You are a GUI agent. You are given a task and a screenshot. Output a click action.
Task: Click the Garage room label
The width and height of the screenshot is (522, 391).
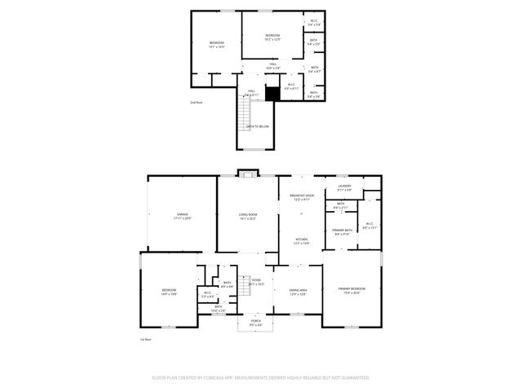coord(182,214)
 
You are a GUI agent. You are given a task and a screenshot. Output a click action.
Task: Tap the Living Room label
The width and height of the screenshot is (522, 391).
coord(248,214)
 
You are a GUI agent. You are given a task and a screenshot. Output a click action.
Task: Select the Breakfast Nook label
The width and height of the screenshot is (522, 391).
coord(302,195)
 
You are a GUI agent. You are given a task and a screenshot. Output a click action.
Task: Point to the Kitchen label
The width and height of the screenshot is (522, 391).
coord(302,239)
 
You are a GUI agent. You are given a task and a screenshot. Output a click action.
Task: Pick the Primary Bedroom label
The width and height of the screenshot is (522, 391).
coord(352,288)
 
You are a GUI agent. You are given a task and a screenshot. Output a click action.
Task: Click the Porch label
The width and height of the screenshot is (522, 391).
coord(256,321)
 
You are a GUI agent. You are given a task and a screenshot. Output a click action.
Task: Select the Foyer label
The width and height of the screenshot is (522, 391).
coord(256,280)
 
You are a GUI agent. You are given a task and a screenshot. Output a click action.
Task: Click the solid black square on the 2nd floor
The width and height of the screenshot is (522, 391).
coord(272,94)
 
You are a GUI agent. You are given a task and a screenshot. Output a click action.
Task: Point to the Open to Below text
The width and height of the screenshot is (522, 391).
coord(257,126)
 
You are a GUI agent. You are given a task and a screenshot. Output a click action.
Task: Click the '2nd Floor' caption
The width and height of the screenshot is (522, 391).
coord(196,103)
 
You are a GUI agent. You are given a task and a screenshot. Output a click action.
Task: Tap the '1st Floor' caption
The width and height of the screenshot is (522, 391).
coord(145,339)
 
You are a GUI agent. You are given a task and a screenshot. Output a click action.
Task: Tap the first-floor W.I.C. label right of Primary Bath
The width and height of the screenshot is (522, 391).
coord(369,224)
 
